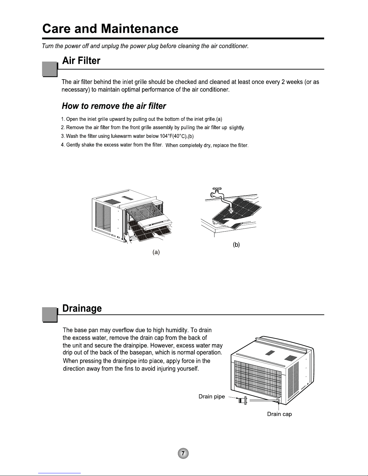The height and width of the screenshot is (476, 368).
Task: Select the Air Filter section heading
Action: (x=81, y=61)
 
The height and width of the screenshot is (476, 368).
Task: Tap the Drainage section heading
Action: (x=82, y=308)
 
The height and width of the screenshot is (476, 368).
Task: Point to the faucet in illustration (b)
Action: (x=218, y=193)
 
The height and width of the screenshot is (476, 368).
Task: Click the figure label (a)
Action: (x=156, y=253)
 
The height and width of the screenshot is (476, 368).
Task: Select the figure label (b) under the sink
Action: (x=236, y=245)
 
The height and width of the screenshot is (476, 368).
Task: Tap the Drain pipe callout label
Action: (x=211, y=396)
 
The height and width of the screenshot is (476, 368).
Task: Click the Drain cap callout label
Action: (x=279, y=414)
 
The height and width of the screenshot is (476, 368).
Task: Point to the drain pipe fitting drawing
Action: (x=242, y=401)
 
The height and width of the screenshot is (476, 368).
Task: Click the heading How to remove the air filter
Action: (x=114, y=106)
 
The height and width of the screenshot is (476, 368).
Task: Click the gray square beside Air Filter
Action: (x=50, y=69)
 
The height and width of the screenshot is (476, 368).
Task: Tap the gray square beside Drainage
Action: (x=50, y=314)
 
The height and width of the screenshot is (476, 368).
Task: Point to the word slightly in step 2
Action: (x=237, y=128)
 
